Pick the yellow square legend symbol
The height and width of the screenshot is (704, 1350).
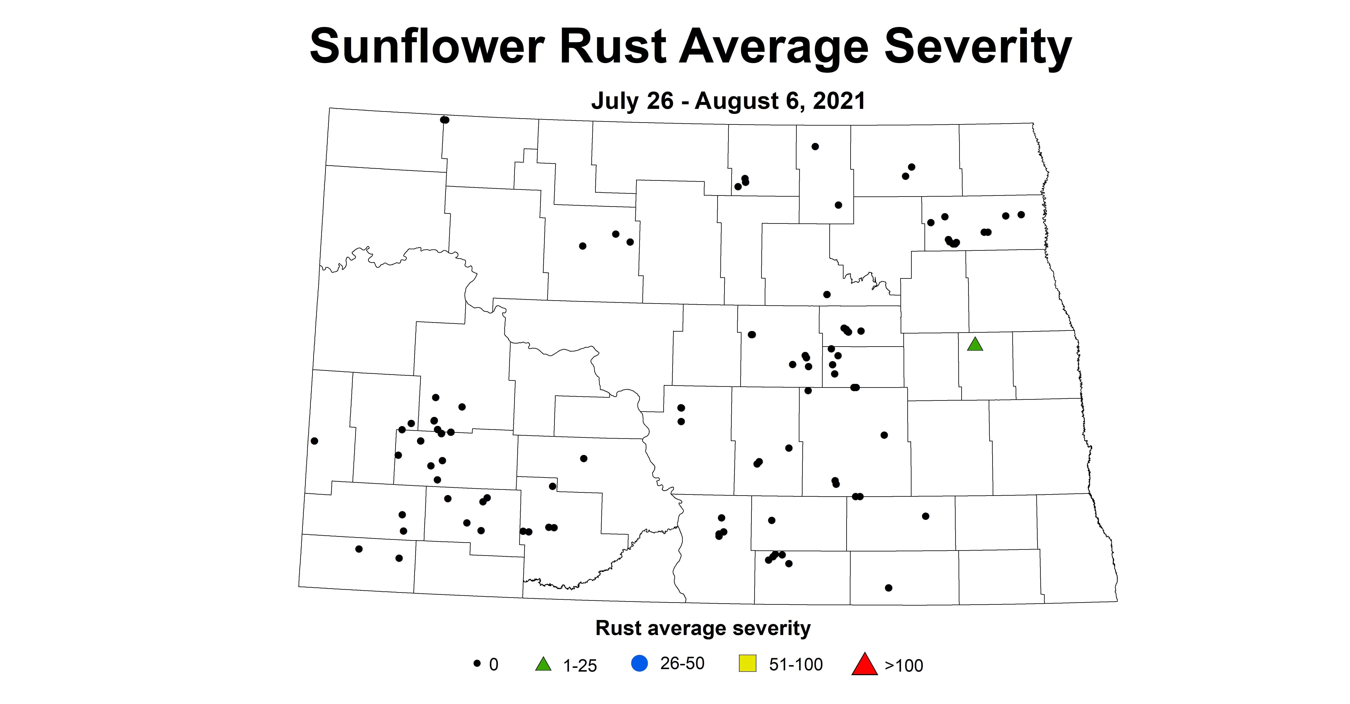coord(747,663)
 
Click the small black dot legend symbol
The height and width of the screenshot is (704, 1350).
coord(477,663)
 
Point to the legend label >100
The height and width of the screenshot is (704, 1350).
coord(904,665)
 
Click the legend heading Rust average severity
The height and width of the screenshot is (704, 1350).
coord(703,628)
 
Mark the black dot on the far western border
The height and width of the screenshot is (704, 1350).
coord(314,441)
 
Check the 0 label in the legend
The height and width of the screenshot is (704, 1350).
coord(494,665)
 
